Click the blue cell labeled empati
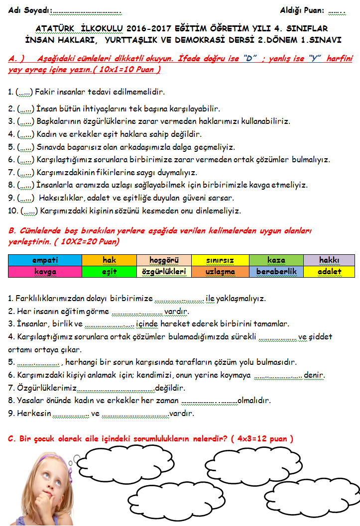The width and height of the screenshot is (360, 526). pos(45,260)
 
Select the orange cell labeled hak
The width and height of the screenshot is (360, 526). pos(109,260)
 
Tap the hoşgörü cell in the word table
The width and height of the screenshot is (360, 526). pos(164,260)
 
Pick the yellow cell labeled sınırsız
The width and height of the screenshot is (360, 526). pos(220,260)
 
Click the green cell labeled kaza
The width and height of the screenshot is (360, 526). pos(276,260)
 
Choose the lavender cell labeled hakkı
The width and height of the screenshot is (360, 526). pos(329,260)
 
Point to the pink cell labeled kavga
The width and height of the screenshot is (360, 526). pos(45,272)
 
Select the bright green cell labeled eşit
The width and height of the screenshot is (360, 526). pos(109,272)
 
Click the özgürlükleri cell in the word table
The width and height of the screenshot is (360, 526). pos(164,272)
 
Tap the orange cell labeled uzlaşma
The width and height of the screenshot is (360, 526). pos(220,272)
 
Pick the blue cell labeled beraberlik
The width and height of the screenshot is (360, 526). pos(276,272)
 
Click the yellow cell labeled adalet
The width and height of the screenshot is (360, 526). pos(329,272)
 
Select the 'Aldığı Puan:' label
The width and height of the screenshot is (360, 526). pos(302,10)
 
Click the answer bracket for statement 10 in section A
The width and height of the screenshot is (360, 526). pos(29,211)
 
